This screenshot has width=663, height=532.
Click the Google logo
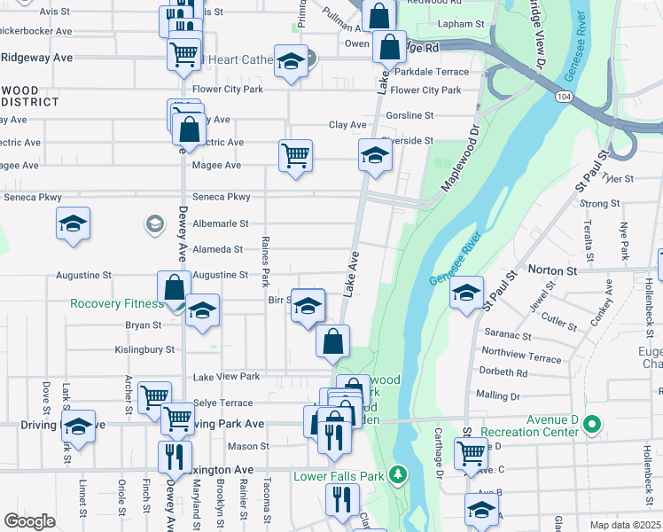tap(29, 521)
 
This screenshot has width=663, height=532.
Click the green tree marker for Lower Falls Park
tap(398, 475)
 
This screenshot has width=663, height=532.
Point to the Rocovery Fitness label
tap(118, 303)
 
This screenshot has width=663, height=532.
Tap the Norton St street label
tap(552, 269)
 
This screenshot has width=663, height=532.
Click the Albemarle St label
tap(221, 224)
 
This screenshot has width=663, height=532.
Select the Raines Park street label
tap(265, 262)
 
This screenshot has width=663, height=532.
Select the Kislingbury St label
tap(145, 350)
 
